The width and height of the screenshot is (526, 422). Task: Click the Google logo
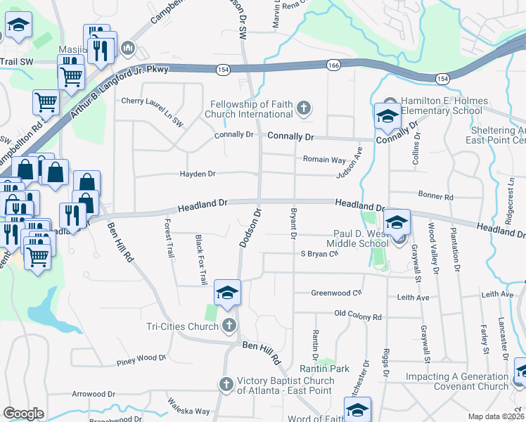click(x=23, y=414)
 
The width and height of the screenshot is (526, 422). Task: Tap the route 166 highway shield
click(x=333, y=65)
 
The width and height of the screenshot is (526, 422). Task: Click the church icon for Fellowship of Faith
click(x=304, y=108)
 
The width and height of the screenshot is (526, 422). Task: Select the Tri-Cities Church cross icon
click(x=229, y=325)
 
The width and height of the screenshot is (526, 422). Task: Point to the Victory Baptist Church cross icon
click(x=226, y=385)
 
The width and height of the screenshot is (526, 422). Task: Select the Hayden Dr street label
click(x=198, y=173)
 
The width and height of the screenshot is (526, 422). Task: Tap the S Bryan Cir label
click(x=320, y=254)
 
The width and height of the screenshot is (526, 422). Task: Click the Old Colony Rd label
click(x=358, y=316)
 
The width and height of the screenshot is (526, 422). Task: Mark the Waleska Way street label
click(x=188, y=407)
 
